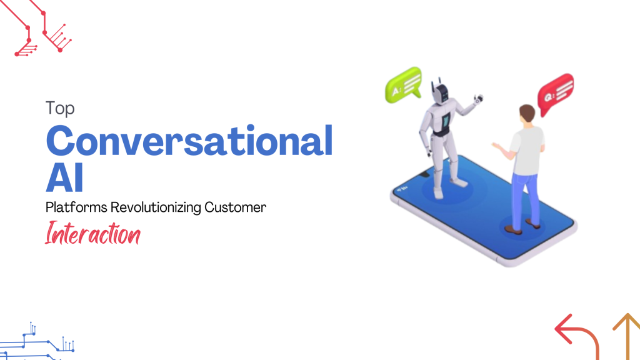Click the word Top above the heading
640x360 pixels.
(x=60, y=109)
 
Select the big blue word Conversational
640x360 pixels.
(x=189, y=141)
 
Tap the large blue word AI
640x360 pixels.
(x=64, y=178)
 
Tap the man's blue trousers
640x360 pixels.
(x=524, y=194)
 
